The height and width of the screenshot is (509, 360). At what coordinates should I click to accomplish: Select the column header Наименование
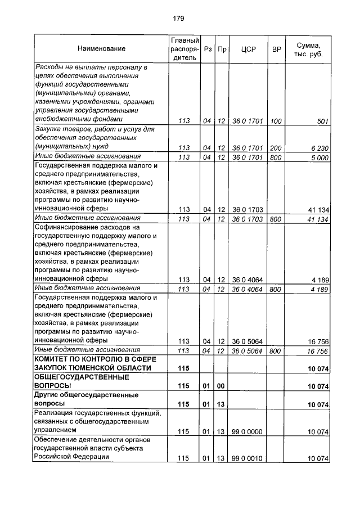pyautogui.click(x=102, y=49)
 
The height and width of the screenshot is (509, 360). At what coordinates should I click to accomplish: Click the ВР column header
pyautogui.click(x=276, y=49)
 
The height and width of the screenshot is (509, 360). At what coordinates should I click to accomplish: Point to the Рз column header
pyautogui.click(x=208, y=49)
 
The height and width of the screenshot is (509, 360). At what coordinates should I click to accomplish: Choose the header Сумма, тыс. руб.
pyautogui.click(x=308, y=49)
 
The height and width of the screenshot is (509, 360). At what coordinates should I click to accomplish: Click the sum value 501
pyautogui.click(x=322, y=120)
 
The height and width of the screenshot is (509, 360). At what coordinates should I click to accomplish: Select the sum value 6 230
pyautogui.click(x=318, y=148)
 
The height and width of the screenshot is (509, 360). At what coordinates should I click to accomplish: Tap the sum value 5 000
pyautogui.click(x=318, y=157)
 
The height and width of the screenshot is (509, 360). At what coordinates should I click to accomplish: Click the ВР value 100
pyautogui.click(x=276, y=120)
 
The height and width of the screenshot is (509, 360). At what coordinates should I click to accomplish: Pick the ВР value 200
pyautogui.click(x=276, y=148)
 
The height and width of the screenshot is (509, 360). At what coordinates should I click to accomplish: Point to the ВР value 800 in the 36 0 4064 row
pyautogui.click(x=276, y=290)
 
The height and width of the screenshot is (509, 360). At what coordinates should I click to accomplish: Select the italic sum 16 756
pyautogui.click(x=318, y=351)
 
